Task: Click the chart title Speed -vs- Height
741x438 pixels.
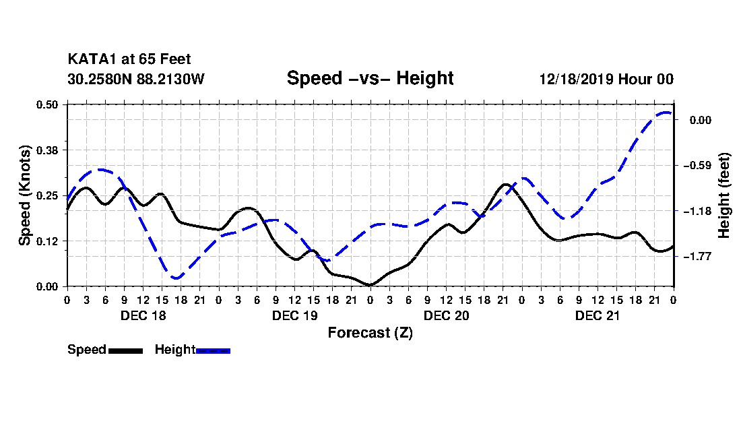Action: pos(370,78)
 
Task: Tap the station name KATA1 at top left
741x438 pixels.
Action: pos(90,59)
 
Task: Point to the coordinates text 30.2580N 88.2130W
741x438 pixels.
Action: pos(135,79)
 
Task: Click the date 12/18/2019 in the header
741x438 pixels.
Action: pos(575,79)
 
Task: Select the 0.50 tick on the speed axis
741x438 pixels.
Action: pos(49,104)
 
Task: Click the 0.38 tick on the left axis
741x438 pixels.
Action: pos(49,150)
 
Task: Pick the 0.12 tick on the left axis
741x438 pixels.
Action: pos(49,241)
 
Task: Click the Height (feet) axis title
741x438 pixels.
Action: pos(725,195)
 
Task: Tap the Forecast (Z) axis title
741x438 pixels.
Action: pos(370,333)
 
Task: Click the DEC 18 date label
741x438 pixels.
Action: pos(143,315)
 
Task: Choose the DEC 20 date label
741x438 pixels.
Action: pos(446,315)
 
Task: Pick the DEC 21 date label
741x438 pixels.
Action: pos(598,315)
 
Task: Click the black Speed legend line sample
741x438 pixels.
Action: pos(125,350)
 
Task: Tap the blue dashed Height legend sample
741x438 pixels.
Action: pos(213,350)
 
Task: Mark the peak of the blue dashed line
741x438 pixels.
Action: pos(666,113)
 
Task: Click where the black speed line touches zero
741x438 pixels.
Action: pos(370,285)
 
